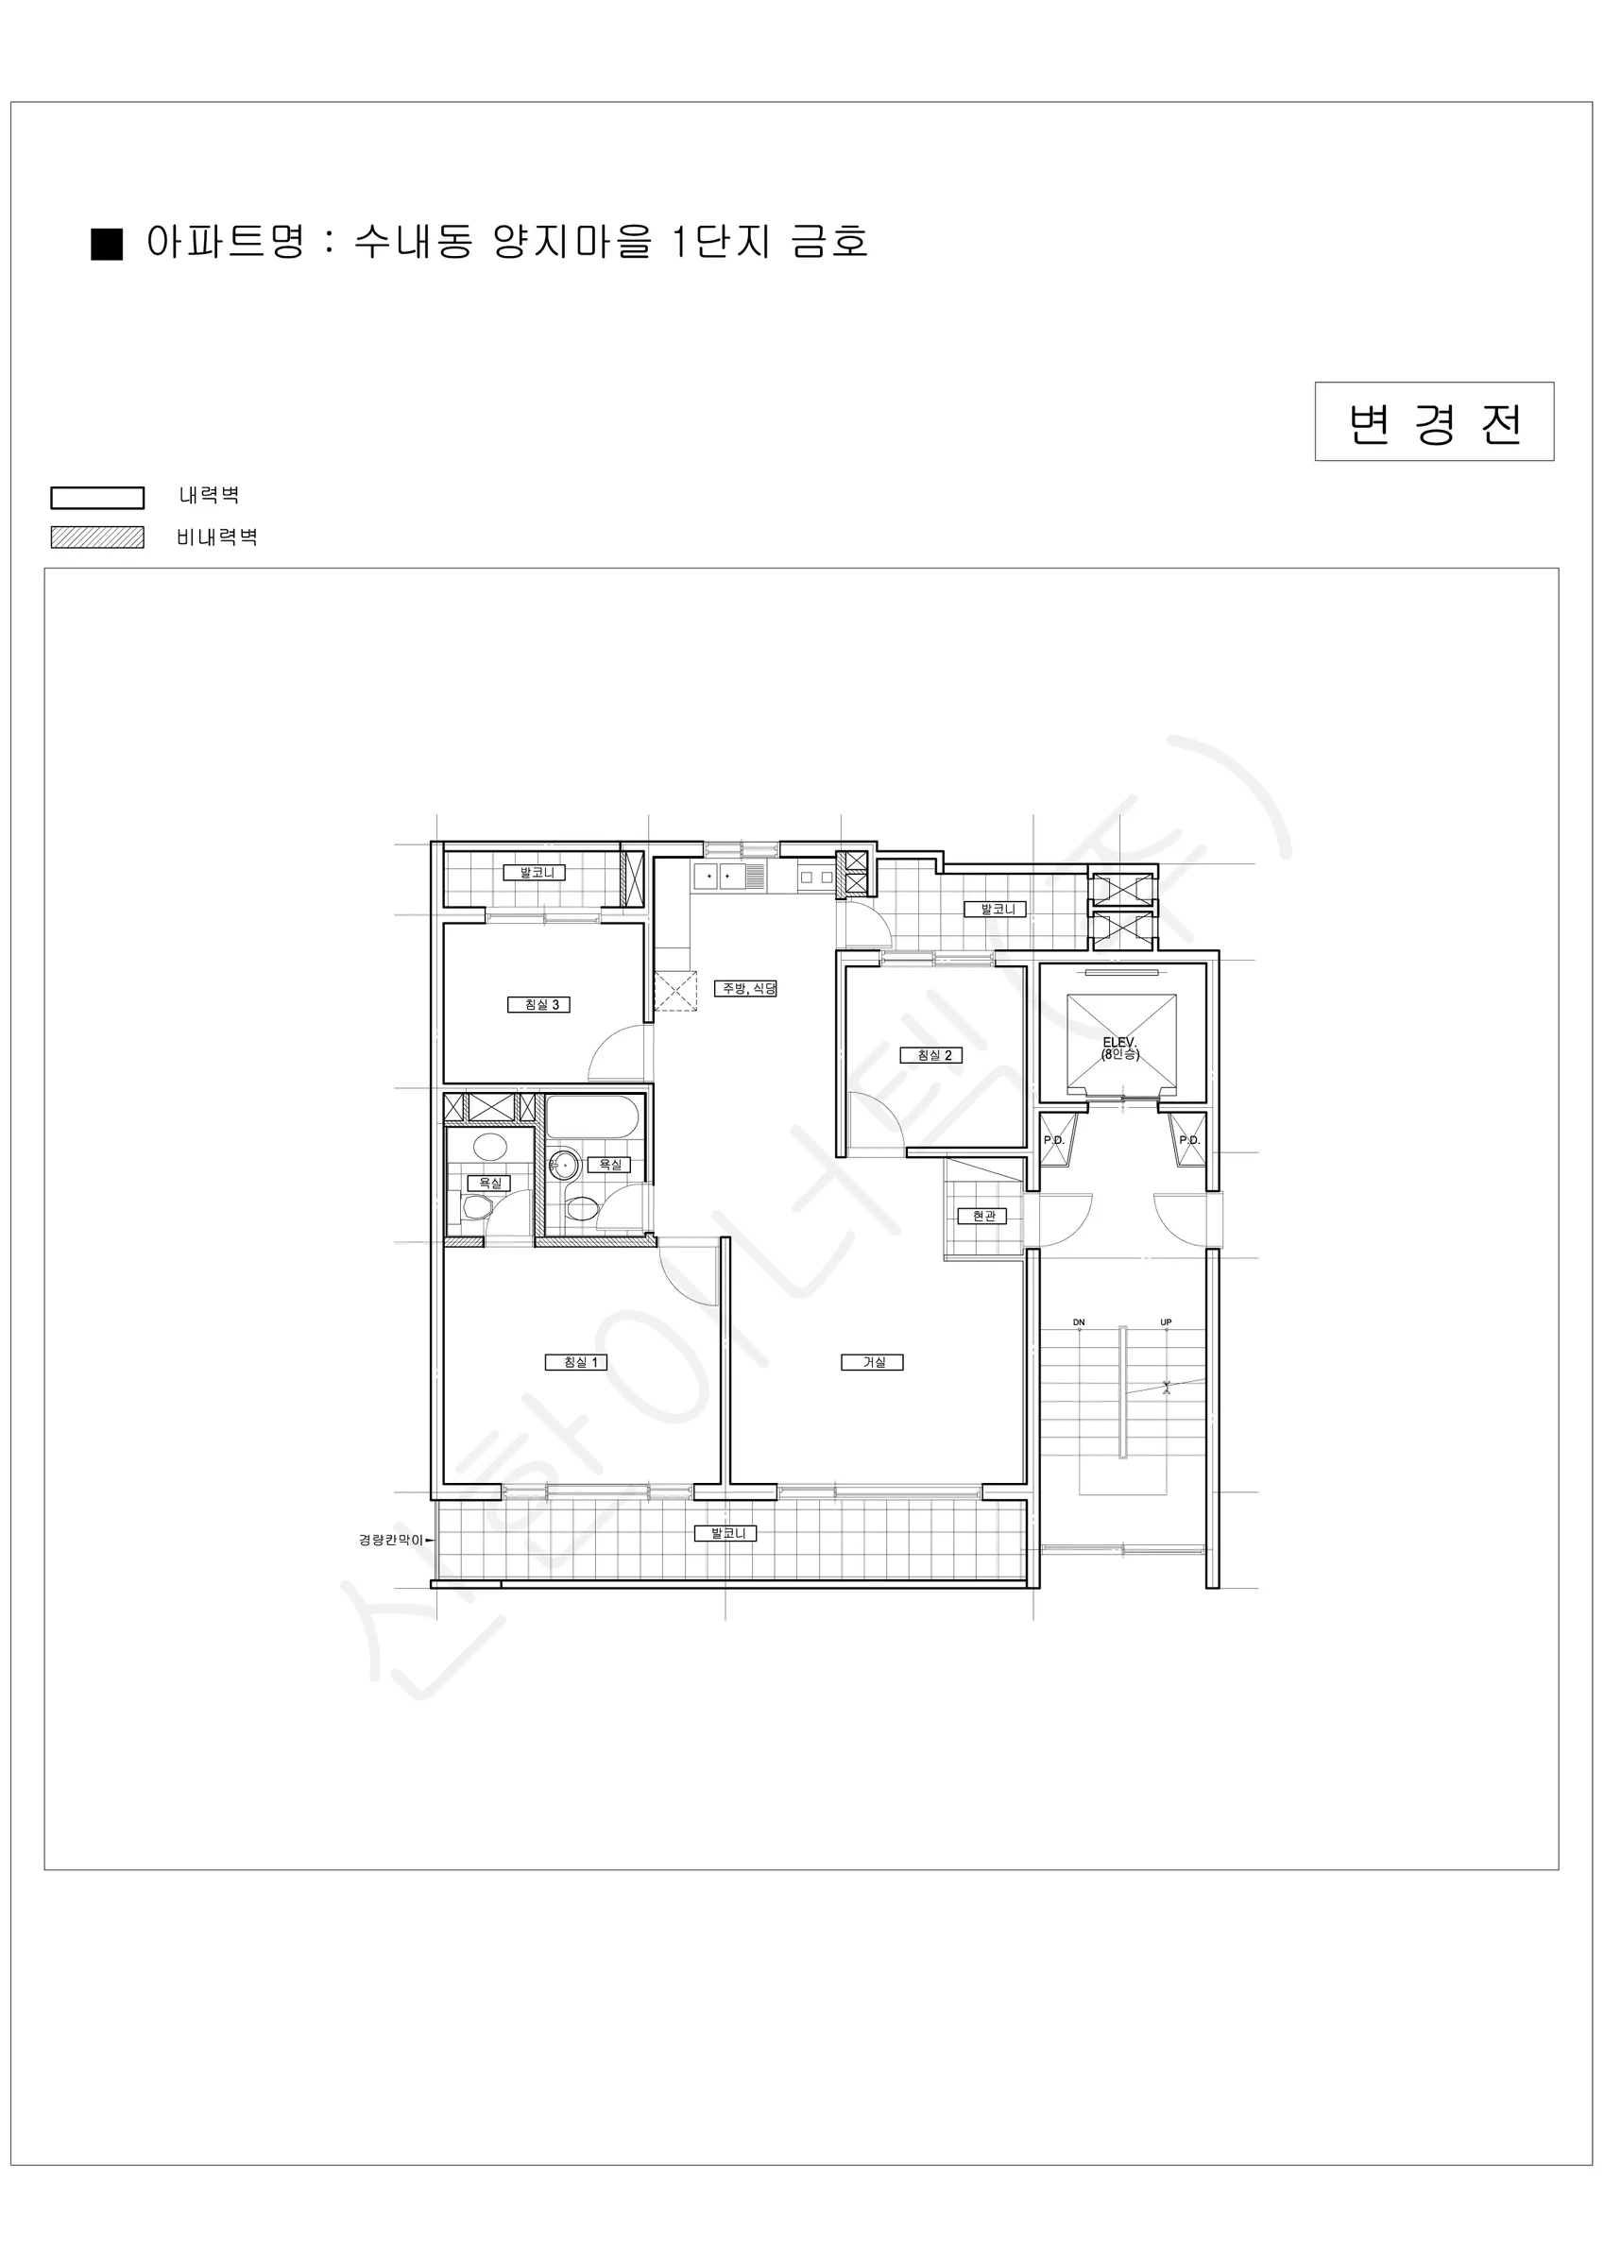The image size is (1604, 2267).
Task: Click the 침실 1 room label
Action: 576,1363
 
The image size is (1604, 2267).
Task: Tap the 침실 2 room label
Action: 930,1055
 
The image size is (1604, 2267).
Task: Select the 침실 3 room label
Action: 539,1005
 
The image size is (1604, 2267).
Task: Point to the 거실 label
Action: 872,1363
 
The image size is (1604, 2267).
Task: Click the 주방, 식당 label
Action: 745,988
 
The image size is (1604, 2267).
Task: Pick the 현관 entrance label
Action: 981,1217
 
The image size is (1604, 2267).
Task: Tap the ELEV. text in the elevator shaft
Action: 1120,1043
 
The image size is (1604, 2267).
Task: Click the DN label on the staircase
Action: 1079,1322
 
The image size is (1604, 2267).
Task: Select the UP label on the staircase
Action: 1166,1322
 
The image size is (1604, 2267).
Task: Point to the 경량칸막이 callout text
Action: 390,1541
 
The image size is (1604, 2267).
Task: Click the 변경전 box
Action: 1434,421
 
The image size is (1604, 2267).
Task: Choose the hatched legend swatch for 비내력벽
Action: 96,537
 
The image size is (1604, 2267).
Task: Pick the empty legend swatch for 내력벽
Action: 96,497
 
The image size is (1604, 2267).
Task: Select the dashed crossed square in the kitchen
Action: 675,990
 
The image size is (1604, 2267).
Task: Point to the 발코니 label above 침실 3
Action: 535,873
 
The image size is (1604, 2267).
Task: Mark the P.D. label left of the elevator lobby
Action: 1054,1140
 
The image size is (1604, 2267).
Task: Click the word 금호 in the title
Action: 829,242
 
